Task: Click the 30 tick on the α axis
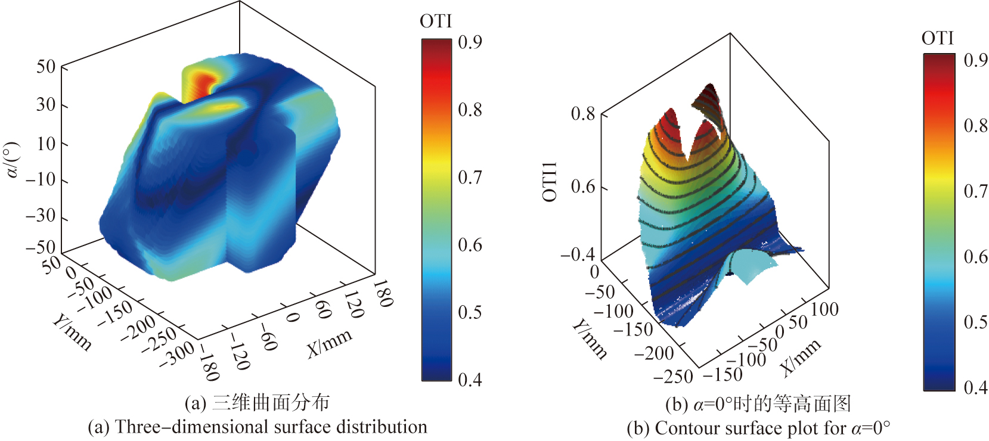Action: click(45, 105)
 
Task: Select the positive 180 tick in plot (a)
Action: click(382, 293)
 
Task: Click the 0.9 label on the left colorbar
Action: click(470, 42)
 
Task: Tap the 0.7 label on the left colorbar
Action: click(470, 177)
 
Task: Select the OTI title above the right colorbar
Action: click(937, 39)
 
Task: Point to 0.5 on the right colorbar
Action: click(975, 322)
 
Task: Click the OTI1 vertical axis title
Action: click(550, 182)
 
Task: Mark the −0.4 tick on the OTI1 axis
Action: click(577, 255)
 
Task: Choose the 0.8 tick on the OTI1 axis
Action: click(582, 113)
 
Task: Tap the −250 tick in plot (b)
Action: click(673, 377)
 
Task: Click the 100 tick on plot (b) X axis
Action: click(825, 309)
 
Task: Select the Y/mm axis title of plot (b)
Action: click(590, 339)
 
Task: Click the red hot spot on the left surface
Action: click(204, 82)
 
